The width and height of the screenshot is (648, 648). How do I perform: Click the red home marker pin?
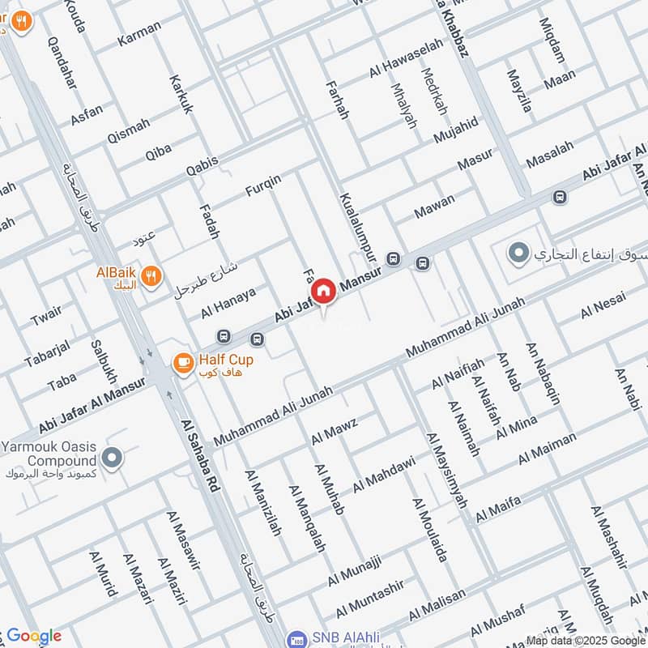pyautogui.click(x=323, y=291)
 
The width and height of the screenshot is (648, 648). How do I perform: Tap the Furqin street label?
pyautogui.click(x=263, y=185)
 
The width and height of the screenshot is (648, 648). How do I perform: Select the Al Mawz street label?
pyautogui.click(x=334, y=429)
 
